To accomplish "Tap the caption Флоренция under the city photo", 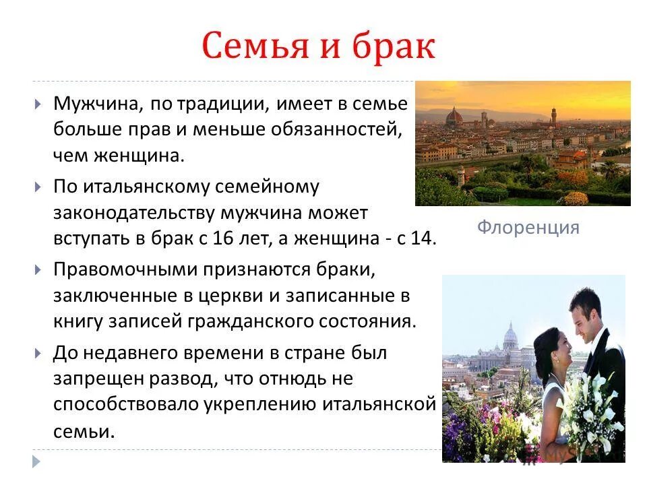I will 528,227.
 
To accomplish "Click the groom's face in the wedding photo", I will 584,317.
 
